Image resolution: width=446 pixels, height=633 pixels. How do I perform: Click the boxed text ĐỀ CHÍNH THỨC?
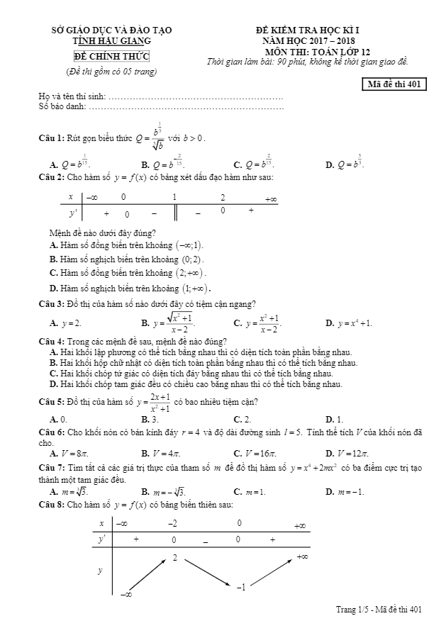111,57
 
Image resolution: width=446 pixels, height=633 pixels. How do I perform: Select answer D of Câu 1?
345,164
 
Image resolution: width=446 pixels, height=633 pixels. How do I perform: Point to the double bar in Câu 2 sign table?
175,212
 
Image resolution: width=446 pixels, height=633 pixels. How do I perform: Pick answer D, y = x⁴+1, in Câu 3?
348,323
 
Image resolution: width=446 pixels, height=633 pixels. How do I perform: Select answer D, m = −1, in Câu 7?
345,491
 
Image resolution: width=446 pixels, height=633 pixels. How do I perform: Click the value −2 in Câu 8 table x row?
172,524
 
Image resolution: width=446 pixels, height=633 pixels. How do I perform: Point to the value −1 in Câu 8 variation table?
241,588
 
